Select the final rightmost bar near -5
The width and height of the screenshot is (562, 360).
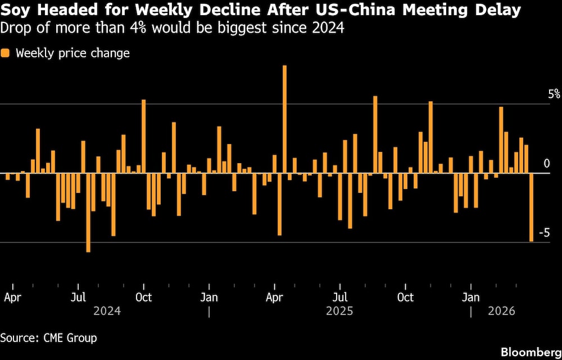coord(531,208)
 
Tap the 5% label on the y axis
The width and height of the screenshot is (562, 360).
coord(554,94)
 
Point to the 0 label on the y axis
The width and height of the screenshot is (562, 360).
coord(554,164)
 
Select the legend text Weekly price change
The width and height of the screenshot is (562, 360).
coord(72,53)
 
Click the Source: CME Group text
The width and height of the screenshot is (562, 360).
coord(49,337)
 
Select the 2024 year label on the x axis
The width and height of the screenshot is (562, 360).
coord(107,310)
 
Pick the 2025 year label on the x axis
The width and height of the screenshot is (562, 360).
coord(339,310)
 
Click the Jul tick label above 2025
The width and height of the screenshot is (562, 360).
coord(339,297)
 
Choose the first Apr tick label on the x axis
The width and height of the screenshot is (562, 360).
coord(12,297)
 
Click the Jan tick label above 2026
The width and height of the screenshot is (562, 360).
coord(470,297)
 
